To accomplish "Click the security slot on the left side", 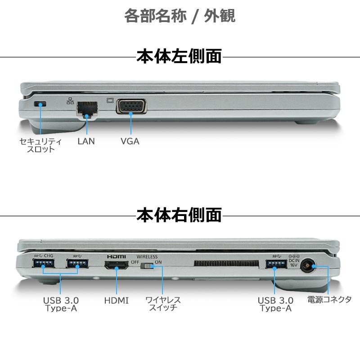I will point(40,104).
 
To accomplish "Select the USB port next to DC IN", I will point(275,265).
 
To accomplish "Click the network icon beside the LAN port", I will point(70,101).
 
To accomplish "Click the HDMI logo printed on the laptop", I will point(116,256).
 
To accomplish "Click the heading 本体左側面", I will point(179,57).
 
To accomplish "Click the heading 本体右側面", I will point(179,215).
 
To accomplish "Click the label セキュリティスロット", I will point(40,145).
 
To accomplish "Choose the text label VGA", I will point(130,141).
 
